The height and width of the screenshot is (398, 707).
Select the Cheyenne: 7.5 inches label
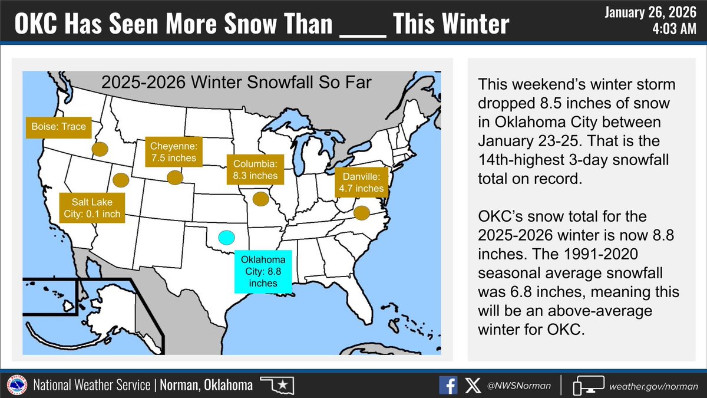171,152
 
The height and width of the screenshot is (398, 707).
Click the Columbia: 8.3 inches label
253,168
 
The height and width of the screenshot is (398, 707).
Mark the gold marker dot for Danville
361,212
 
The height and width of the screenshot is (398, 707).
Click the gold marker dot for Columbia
259,199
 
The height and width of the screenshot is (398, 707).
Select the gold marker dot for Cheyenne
174,177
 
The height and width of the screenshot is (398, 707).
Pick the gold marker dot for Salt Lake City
121,179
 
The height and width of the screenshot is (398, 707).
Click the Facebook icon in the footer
448,386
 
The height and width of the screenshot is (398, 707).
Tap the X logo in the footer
472,386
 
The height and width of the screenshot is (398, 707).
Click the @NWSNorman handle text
518,386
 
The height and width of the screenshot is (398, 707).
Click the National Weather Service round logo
16,386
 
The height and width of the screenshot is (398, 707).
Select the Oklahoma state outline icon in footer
277,386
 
